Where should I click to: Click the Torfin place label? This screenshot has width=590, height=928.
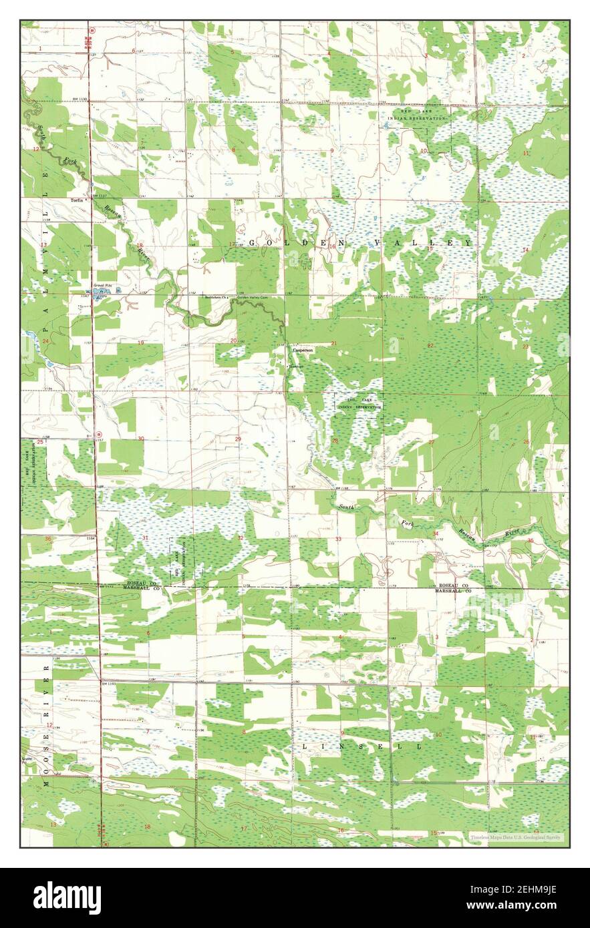(73, 200)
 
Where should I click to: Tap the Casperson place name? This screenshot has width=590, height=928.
(303, 349)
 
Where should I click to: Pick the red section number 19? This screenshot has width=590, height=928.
(140, 342)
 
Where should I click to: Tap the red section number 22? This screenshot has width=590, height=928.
(431, 345)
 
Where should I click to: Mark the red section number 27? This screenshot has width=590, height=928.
(432, 442)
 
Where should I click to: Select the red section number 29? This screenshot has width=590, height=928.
(238, 439)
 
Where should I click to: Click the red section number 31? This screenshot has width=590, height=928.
(146, 538)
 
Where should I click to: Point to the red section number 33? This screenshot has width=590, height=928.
(338, 539)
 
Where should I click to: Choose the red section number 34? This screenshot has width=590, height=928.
(435, 533)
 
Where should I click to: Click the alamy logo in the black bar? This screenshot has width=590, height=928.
(67, 898)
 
